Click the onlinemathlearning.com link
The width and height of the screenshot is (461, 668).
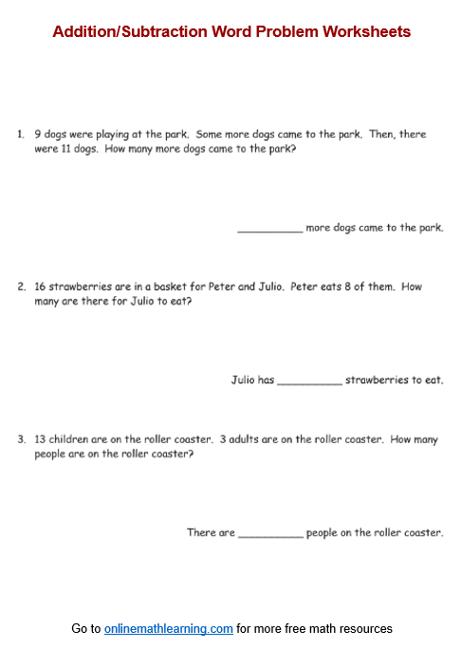[x=169, y=628]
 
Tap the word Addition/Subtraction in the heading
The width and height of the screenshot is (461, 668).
[x=119, y=31]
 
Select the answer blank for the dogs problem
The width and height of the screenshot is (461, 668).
[x=269, y=229]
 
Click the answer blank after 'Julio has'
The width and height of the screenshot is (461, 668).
[x=309, y=380]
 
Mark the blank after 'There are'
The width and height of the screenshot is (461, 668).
[x=270, y=533]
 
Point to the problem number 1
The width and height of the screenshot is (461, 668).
[x=20, y=135]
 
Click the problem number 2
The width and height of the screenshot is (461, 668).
[x=21, y=287]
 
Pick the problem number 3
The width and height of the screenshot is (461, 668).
[x=21, y=439]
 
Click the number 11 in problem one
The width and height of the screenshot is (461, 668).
[x=62, y=150]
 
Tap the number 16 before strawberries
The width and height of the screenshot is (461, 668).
[x=40, y=287]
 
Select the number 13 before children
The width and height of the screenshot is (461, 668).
[x=40, y=439]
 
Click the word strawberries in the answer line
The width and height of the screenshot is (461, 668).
[x=376, y=380]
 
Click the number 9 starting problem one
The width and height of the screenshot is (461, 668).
[x=36, y=135]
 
